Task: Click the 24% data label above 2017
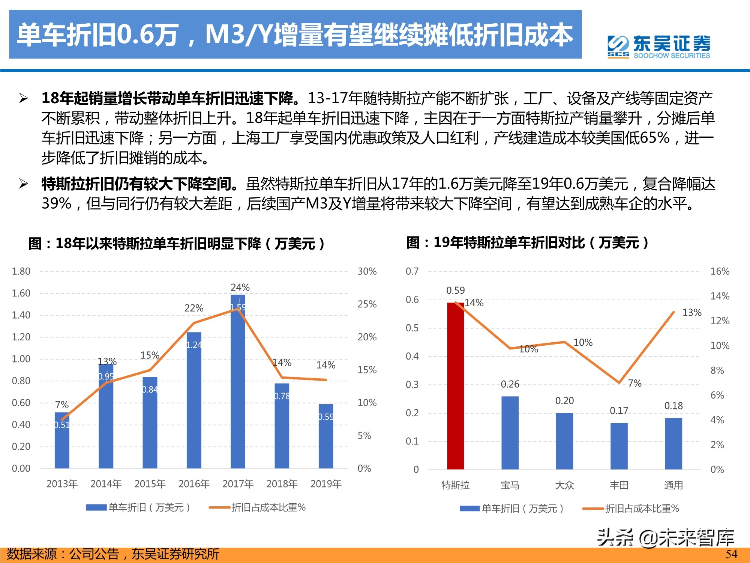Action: [240, 288]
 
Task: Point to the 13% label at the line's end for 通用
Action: [691, 313]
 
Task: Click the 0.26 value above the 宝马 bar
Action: [510, 384]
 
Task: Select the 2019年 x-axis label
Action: [326, 484]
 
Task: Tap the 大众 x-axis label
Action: [564, 485]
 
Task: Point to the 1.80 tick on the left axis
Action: [21, 271]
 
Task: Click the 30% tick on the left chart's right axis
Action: [367, 271]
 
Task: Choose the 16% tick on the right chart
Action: [720, 271]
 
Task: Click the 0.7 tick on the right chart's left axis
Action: [412, 271]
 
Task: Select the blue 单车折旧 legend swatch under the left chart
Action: [96, 508]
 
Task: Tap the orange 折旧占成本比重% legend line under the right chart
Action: [593, 509]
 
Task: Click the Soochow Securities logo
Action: [658, 47]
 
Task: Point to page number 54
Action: [731, 554]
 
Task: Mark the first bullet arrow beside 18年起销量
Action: [24, 99]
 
